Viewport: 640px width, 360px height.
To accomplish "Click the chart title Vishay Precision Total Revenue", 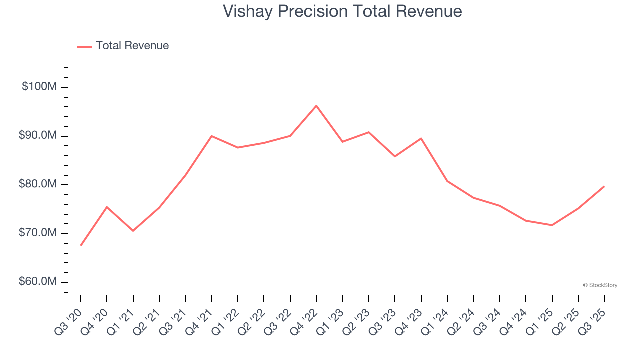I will tap(342, 11).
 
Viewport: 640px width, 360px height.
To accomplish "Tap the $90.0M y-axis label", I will tap(38, 136).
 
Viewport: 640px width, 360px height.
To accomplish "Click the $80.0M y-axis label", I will tap(38, 185).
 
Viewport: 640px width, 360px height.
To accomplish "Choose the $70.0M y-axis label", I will tap(38, 233).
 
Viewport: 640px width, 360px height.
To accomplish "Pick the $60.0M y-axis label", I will tap(38, 282).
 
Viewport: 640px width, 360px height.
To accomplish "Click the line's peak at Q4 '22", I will tap(316, 106).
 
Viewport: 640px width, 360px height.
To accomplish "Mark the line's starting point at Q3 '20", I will tap(81, 245).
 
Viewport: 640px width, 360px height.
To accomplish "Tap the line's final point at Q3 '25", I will tap(604, 186).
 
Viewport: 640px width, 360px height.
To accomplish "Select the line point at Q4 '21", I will tap(212, 136).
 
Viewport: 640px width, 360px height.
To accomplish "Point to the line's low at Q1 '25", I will tap(552, 225).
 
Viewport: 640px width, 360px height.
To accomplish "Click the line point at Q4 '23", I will tap(421, 138).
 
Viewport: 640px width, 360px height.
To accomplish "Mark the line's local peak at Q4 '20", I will tap(107, 207).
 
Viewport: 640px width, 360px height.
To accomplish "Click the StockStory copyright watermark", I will tap(600, 285).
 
